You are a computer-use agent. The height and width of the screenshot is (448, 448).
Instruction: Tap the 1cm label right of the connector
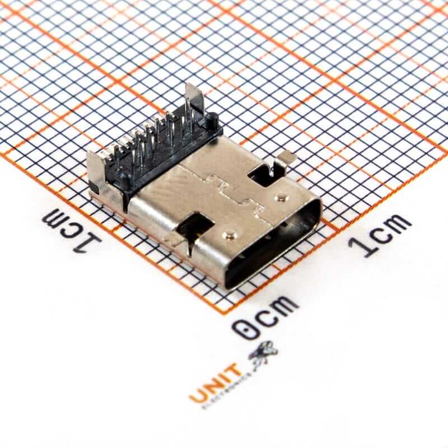[x=379, y=235]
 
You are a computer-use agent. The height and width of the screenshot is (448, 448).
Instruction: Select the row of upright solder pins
[x=154, y=137]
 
